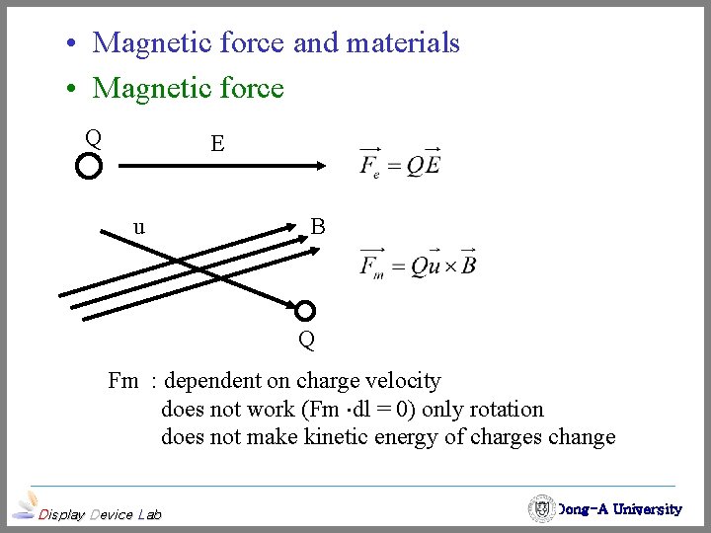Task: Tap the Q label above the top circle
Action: [x=93, y=137]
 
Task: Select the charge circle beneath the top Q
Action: [x=89, y=166]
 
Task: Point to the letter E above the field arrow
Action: [x=217, y=144]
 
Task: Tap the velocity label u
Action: [x=139, y=226]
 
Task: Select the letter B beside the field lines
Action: [x=318, y=227]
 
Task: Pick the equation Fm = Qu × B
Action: [x=419, y=264]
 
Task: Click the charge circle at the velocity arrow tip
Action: [x=306, y=311]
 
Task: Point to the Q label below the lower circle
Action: [x=307, y=342]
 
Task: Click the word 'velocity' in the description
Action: [x=403, y=380]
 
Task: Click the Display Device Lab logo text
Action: [x=99, y=513]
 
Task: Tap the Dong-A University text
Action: [x=619, y=509]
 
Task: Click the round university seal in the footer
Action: [x=541, y=508]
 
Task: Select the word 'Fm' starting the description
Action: [x=123, y=380]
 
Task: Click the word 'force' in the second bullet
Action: [x=249, y=88]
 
